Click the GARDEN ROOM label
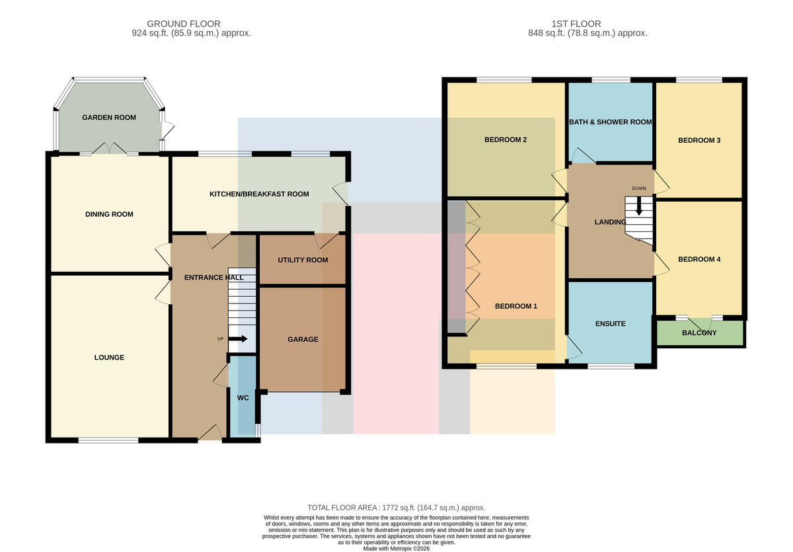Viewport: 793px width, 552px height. (109, 118)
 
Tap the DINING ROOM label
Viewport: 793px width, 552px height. (109, 214)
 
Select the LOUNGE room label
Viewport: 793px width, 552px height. (109, 358)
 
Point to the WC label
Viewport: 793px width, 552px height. (243, 398)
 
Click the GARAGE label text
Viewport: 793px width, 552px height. (303, 340)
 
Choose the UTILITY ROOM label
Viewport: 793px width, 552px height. (303, 260)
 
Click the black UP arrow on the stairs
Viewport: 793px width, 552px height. (238, 339)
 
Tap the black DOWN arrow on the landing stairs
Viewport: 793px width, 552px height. (638, 206)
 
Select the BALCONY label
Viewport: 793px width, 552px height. (699, 333)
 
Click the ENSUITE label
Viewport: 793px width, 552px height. (611, 324)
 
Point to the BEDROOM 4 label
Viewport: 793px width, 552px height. (699, 260)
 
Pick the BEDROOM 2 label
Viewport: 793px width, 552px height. (506, 140)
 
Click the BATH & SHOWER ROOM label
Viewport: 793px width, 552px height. (611, 122)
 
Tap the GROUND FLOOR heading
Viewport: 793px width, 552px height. (184, 24)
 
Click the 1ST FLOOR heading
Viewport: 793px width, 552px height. (576, 24)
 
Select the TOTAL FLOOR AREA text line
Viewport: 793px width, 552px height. (396, 508)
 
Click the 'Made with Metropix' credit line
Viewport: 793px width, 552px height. (396, 549)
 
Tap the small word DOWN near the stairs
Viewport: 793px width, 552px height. (638, 188)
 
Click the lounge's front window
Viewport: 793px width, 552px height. (108, 440)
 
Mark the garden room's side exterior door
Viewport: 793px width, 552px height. (167, 130)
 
